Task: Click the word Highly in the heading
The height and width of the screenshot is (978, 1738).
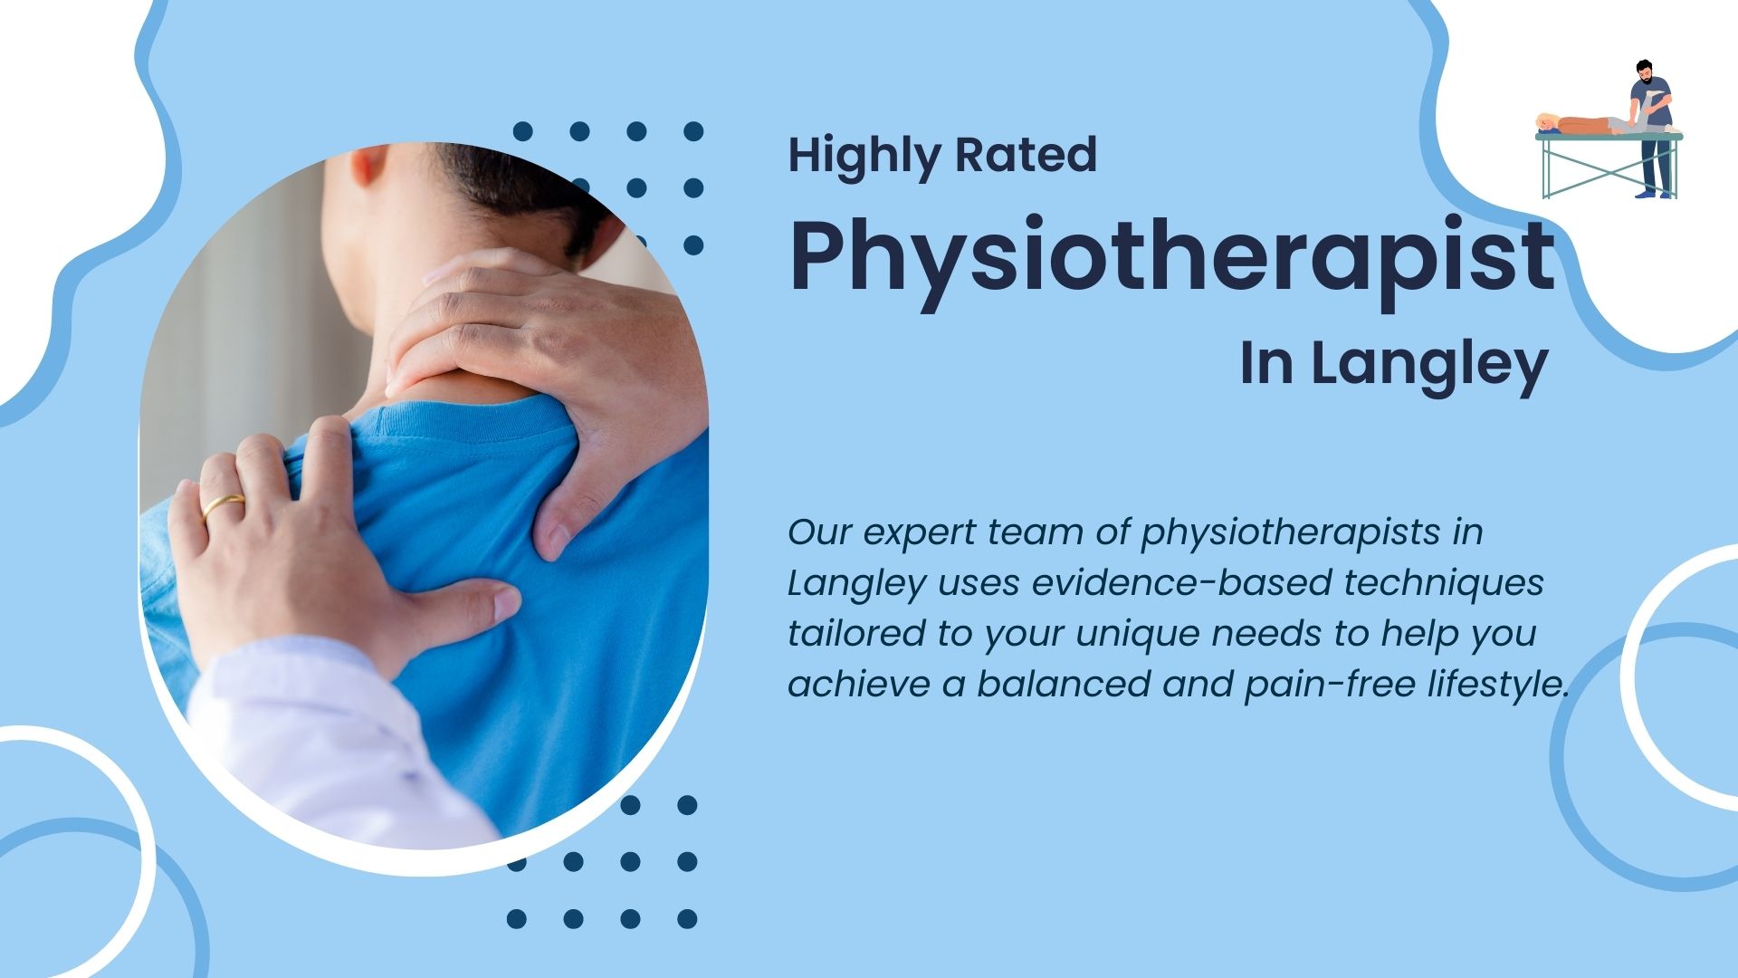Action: (x=865, y=157)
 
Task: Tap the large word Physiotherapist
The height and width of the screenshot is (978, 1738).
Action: (x=1172, y=257)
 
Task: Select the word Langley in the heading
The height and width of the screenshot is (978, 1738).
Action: (x=1429, y=366)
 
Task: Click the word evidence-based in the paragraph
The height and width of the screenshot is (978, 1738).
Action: (x=1181, y=582)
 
